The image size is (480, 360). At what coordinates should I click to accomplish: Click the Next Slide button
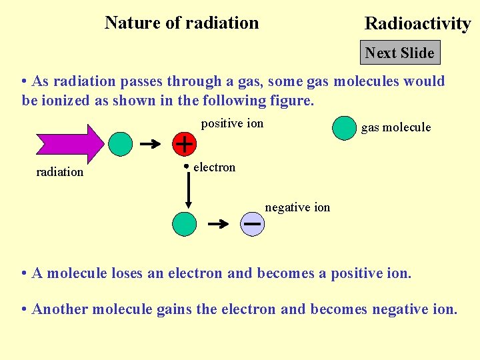pos(400,53)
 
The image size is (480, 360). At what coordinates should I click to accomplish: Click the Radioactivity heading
pos(417,24)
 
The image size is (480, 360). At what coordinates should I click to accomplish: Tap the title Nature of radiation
pos(181,23)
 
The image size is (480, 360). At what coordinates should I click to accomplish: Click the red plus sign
pos(184,143)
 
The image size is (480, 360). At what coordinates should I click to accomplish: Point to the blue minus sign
pos(252,224)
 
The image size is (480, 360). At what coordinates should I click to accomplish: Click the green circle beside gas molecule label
pos(344,128)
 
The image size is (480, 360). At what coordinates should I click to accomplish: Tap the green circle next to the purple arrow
pos(120,143)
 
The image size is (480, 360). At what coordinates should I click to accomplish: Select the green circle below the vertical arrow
pos(185,224)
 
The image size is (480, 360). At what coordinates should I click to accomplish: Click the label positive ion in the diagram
pos(232,123)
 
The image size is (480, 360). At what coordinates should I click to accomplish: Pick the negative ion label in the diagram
pos(297,207)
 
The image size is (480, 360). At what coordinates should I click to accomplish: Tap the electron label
pos(214,167)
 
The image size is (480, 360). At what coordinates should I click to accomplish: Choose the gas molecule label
pos(396,127)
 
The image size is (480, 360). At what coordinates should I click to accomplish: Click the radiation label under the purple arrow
pos(60,172)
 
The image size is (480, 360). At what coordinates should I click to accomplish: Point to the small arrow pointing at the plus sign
pos(153,143)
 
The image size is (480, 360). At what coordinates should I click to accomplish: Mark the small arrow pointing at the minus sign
pos(219,224)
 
